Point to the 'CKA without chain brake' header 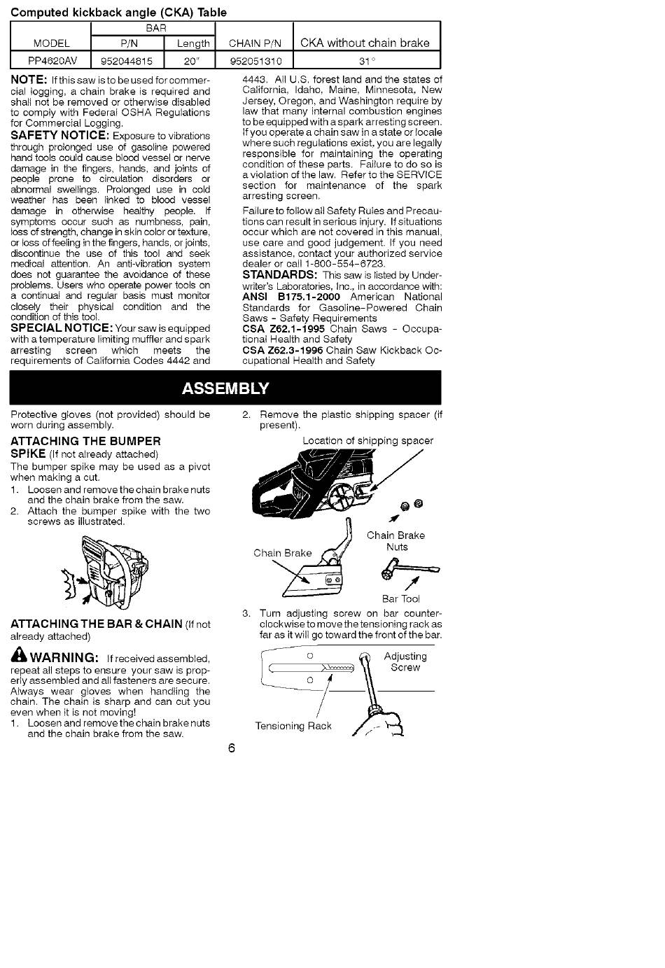tap(365, 43)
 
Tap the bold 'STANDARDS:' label tap(280, 274)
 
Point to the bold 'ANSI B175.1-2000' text tap(291, 297)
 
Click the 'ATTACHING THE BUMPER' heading tap(85, 441)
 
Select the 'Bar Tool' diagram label tap(401, 598)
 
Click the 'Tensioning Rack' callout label tap(293, 726)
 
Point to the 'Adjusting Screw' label tap(405, 662)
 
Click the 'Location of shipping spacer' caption tap(367, 441)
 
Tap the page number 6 tap(232, 748)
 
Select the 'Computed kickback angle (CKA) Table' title tap(118, 12)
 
